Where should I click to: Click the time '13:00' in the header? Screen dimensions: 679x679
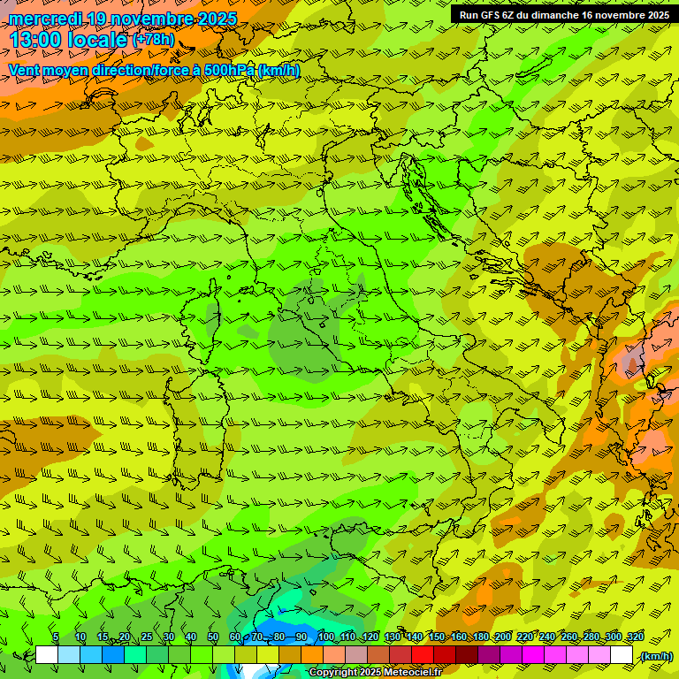click(37, 40)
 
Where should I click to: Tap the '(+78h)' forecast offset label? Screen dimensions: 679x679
click(153, 40)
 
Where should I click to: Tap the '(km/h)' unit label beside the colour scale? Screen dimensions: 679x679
click(655, 656)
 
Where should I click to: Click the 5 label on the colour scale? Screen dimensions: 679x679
click(56, 637)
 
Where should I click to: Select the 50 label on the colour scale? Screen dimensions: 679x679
click(213, 637)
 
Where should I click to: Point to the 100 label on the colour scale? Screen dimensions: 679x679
click(326, 637)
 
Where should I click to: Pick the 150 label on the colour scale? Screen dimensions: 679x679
click(437, 637)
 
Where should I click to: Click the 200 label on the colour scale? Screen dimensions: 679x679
click(503, 637)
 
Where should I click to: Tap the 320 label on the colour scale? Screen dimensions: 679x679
click(635, 637)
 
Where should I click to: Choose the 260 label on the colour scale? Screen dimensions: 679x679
click(569, 637)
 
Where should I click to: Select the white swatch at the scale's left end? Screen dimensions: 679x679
click(47, 655)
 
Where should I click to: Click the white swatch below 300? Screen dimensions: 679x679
click(622, 655)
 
